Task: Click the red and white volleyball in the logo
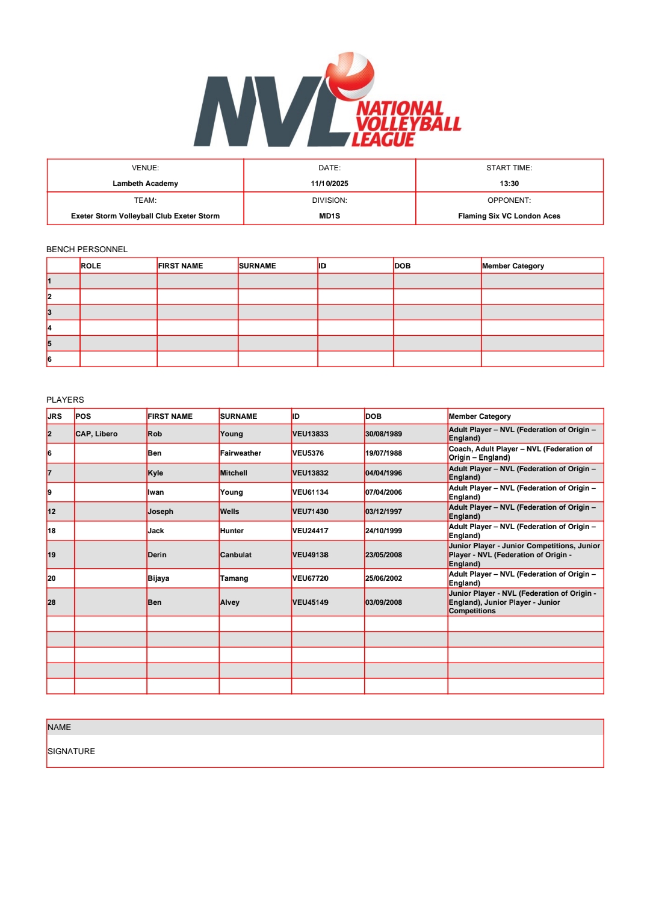pyautogui.click(x=350, y=76)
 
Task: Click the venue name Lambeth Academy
pyautogui.click(x=145, y=184)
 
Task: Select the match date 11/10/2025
pyautogui.click(x=329, y=184)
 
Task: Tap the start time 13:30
pyautogui.click(x=509, y=184)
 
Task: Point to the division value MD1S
pyautogui.click(x=329, y=216)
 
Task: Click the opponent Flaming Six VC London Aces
pyautogui.click(x=509, y=216)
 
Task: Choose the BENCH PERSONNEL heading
pyautogui.click(x=87, y=249)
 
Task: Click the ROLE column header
pyautogui.click(x=91, y=266)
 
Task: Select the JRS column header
pyautogui.click(x=55, y=416)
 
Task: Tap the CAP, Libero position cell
pyautogui.click(x=96, y=434)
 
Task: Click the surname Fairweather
pyautogui.click(x=241, y=453)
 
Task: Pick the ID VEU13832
pyautogui.click(x=311, y=473)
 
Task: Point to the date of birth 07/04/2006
pyautogui.click(x=383, y=492)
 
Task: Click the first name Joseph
pyautogui.click(x=161, y=512)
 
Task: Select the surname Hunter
pyautogui.click(x=232, y=531)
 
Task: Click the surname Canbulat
pyautogui.click(x=236, y=555)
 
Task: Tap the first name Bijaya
pyautogui.click(x=159, y=578)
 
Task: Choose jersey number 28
pyautogui.click(x=52, y=602)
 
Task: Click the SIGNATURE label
pyautogui.click(x=71, y=751)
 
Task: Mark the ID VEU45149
pyautogui.click(x=311, y=602)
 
